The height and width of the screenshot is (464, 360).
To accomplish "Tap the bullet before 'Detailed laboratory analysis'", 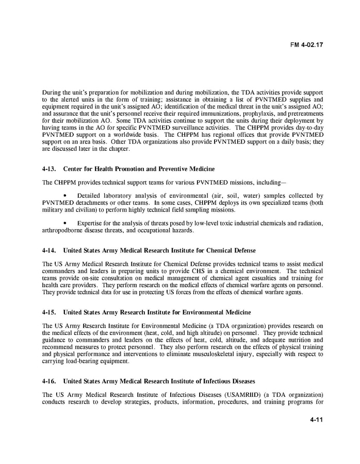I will point(64,196).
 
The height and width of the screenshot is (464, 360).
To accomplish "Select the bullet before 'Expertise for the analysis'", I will point(64,223).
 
